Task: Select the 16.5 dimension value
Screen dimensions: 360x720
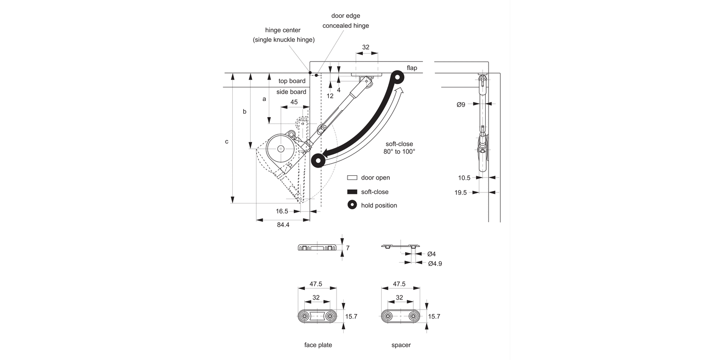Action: pos(282,211)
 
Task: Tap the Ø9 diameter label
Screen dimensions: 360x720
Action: pos(460,104)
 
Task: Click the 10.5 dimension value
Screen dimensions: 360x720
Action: pos(464,178)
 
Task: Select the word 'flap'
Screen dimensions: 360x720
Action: pos(412,68)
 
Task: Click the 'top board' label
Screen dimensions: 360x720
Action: pos(292,81)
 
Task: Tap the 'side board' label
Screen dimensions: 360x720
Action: pos(291,92)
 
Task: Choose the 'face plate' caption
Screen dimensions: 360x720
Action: pos(318,345)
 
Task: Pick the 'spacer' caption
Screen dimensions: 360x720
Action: pos(401,345)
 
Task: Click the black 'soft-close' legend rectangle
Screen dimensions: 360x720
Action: pos(352,192)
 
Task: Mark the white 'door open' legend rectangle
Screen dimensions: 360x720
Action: pos(352,178)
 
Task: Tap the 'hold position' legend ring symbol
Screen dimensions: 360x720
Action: pos(352,205)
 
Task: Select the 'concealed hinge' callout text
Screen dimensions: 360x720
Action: pos(346,25)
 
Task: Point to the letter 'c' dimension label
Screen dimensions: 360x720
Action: pos(227,142)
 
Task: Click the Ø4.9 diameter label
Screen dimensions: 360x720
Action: pos(435,264)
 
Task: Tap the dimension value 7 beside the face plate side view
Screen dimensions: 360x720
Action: pos(348,248)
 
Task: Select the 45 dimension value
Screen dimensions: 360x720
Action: pos(294,102)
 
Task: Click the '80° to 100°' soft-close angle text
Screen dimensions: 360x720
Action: pos(399,151)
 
